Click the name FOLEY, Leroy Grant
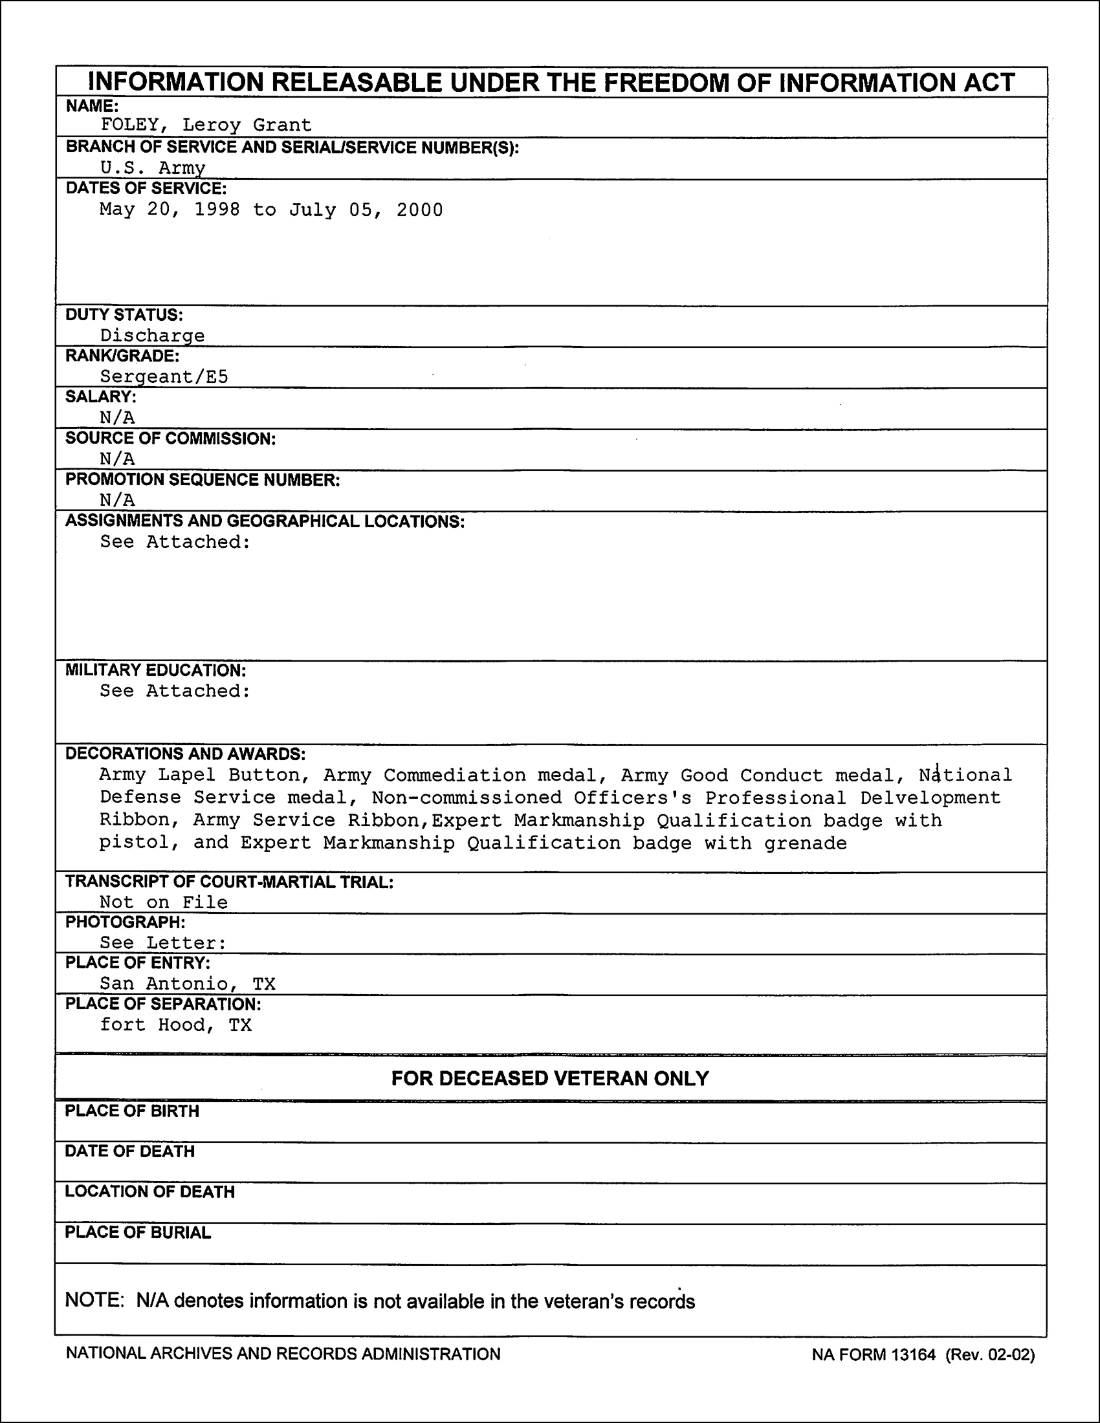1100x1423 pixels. coord(206,124)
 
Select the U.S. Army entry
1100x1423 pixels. coord(153,168)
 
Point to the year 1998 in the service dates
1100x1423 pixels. coord(217,210)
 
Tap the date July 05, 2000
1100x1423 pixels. coord(366,210)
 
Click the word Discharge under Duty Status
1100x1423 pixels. coord(152,336)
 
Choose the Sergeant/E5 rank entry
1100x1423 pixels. coord(164,376)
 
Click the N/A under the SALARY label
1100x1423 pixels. coord(117,418)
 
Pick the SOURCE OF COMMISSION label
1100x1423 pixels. coord(170,439)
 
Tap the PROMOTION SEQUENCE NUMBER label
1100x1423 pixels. coord(202,480)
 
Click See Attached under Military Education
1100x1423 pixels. coord(175,691)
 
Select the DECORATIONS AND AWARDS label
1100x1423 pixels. coord(185,754)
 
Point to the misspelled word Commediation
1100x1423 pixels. coord(454,776)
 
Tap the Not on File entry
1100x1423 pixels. coord(164,902)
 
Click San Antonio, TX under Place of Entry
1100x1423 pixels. coord(188,983)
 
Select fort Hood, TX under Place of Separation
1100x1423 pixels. coord(175,1025)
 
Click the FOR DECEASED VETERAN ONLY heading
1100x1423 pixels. coord(550,1078)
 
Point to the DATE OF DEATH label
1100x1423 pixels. coord(129,1151)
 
